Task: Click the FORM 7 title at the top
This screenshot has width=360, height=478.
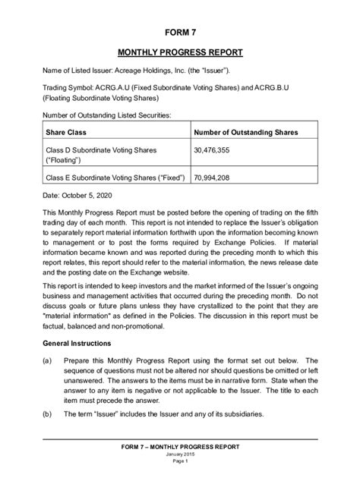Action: [x=180, y=35]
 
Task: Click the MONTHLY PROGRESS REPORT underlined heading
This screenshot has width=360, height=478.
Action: [x=180, y=55]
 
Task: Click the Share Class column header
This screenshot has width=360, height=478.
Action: [x=68, y=132]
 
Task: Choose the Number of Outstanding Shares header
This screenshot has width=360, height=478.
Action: [x=245, y=132]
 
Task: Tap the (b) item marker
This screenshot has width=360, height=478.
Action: [x=48, y=414]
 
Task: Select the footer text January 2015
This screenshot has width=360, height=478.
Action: [x=180, y=454]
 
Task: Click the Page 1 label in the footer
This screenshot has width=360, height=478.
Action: [x=180, y=461]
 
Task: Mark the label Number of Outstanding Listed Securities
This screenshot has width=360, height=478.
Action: [x=106, y=115]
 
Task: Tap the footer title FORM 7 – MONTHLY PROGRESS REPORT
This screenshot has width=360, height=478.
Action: [x=180, y=446]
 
